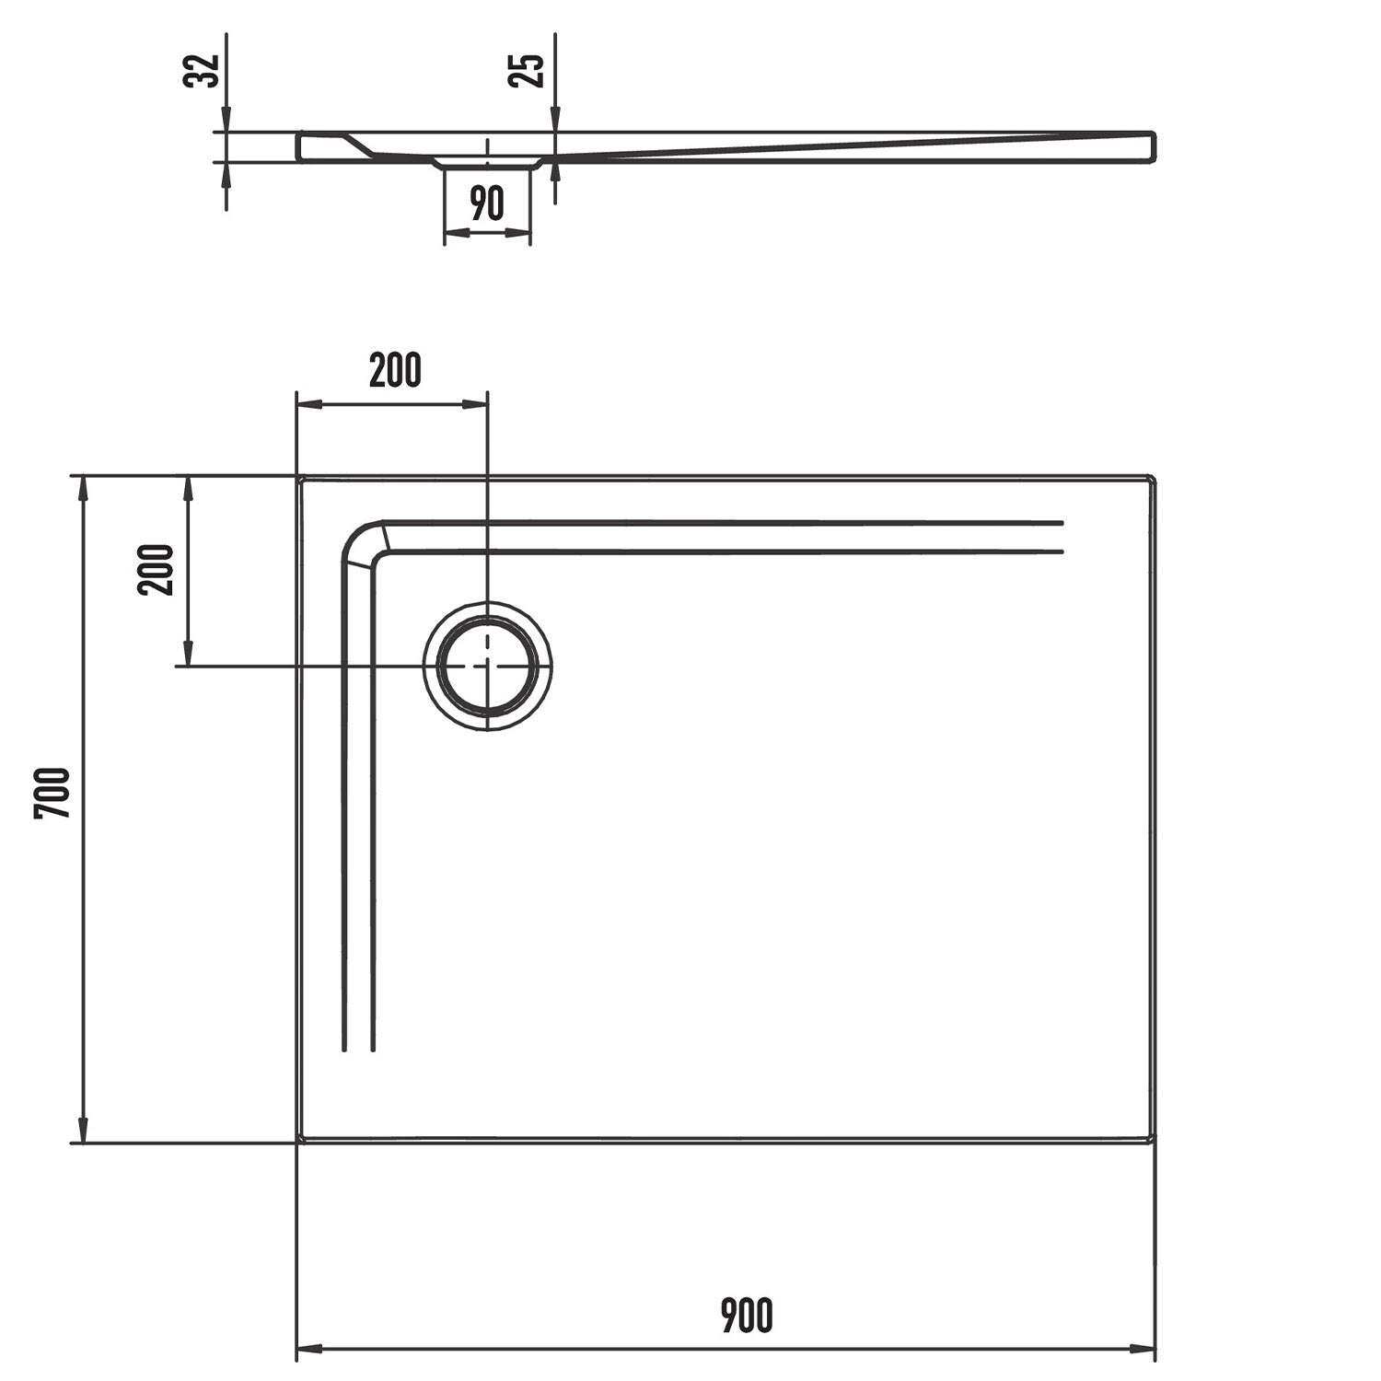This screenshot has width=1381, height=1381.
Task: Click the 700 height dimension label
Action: (52, 793)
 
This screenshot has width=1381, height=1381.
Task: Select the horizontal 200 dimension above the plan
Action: (395, 370)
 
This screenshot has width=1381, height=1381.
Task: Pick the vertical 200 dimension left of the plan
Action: (156, 570)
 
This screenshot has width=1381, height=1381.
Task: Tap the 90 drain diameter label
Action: (487, 203)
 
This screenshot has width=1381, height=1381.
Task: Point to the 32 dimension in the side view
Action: (203, 71)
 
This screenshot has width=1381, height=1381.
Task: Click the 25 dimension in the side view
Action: (528, 71)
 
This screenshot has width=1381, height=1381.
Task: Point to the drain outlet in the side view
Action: (487, 163)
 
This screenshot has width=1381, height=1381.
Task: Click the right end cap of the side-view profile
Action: (1151, 147)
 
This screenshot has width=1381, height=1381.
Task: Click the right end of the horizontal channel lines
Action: (1062, 537)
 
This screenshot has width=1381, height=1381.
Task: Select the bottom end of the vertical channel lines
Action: (358, 1049)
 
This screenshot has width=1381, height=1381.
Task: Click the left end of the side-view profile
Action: (298, 147)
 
